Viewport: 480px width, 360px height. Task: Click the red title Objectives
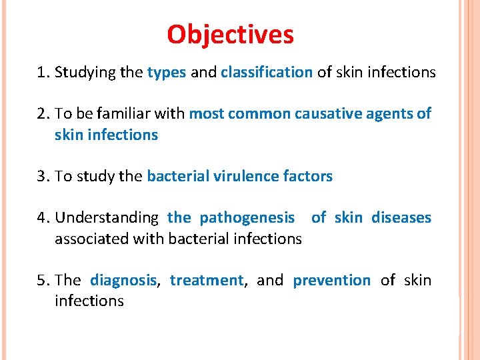tap(230, 34)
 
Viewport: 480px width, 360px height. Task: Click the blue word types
tap(166, 73)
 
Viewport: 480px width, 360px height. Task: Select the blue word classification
tap(267, 73)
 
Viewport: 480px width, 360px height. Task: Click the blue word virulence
tap(244, 176)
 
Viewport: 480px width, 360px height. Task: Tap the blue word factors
tap(308, 176)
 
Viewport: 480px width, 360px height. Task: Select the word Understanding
tap(107, 218)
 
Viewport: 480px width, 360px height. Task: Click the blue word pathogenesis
tap(247, 217)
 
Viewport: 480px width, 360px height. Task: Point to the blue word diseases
tap(401, 217)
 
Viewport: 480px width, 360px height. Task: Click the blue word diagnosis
tap(123, 280)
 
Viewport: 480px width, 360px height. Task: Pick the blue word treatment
tap(207, 280)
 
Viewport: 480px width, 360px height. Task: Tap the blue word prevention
tap(331, 280)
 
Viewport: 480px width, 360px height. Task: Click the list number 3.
tap(42, 176)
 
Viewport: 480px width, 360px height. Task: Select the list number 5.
tap(42, 280)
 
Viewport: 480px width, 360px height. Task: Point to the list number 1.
tap(42, 73)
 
